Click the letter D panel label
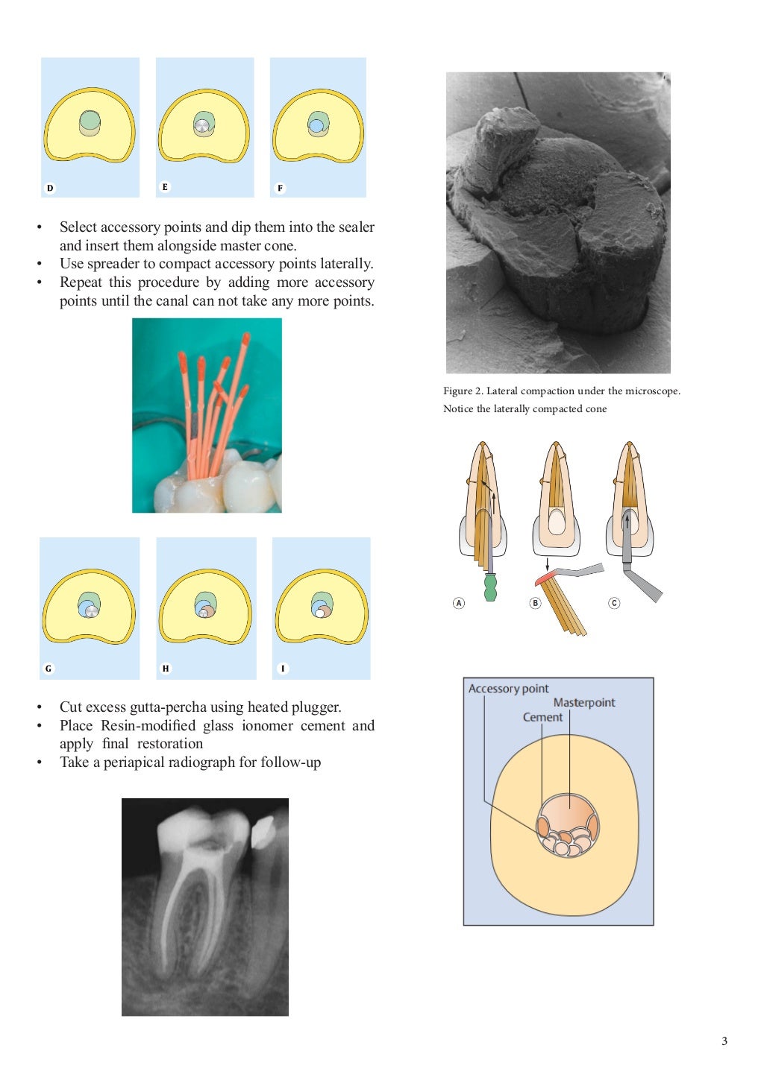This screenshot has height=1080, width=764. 50,188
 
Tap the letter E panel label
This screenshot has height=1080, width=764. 165,187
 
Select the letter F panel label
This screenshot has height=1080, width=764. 280,188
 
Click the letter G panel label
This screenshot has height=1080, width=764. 48,669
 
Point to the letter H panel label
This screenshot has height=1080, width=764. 166,669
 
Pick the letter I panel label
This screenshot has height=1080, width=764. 283,669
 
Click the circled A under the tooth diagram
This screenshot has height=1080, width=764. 459,603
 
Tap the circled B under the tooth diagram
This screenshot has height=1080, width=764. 535,603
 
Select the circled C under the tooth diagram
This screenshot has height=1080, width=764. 614,603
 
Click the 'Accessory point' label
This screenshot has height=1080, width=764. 508,689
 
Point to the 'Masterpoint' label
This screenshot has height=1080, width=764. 584,702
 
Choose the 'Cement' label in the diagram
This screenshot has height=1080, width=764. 542,717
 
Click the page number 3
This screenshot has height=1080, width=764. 724,1041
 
